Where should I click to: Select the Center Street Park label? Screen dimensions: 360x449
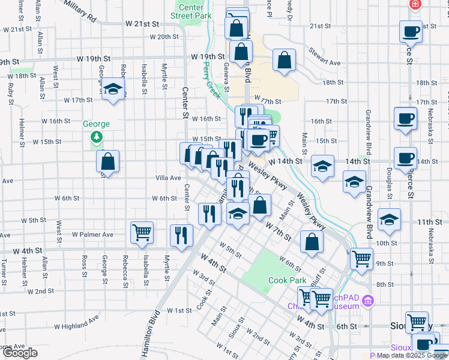click(x=191, y=11)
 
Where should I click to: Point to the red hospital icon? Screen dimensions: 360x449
click(x=414, y=4)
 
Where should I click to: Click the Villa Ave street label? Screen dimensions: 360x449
click(x=168, y=178)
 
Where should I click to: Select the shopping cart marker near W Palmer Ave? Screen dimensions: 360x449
click(x=142, y=232)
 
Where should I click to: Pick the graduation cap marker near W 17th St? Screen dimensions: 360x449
click(x=112, y=89)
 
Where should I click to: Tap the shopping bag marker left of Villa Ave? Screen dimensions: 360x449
click(x=107, y=161)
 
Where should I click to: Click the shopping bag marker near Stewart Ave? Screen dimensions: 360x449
click(x=284, y=60)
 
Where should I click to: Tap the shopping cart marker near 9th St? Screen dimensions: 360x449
click(x=361, y=259)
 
